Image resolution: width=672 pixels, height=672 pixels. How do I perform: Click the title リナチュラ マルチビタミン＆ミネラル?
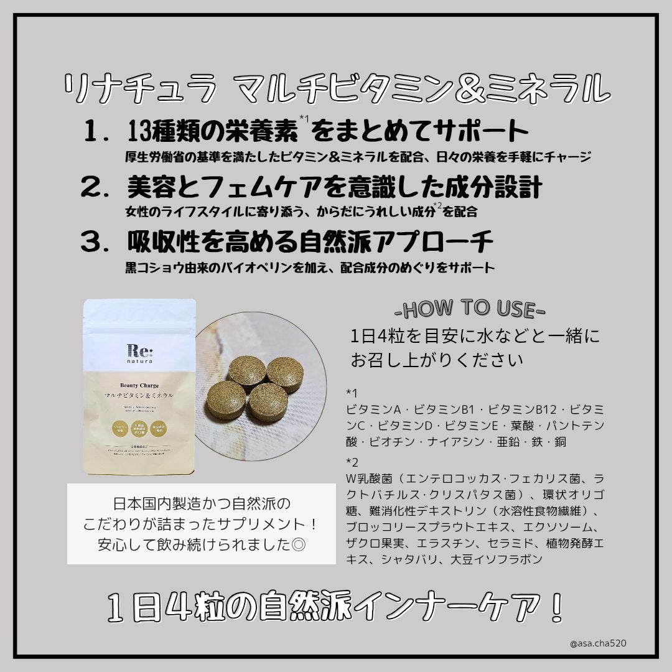336,88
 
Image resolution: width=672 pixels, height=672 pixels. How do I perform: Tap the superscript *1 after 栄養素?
304,119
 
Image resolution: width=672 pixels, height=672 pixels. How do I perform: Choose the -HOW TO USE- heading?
470,309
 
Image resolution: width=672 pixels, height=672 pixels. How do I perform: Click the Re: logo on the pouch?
139,350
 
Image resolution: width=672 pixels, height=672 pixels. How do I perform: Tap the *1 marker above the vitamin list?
352,393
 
